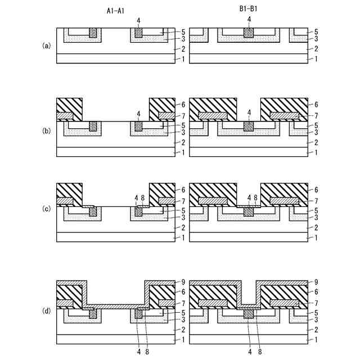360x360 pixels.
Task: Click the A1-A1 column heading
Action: pos(115,10)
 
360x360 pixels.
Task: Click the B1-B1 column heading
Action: pos(248,10)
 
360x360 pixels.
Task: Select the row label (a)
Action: pos(46,45)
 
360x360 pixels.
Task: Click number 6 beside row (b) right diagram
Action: pos(316,105)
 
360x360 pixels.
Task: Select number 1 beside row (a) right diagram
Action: pos(316,59)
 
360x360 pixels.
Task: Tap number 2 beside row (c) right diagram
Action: pos(316,228)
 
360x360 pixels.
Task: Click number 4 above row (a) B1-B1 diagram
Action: pos(249,20)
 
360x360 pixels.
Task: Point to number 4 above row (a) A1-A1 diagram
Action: pos(138,20)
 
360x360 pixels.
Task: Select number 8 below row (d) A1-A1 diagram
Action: pos(147,353)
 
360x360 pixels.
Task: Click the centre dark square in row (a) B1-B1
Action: pos(249,33)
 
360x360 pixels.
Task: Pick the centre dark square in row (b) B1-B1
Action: pos(249,127)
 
